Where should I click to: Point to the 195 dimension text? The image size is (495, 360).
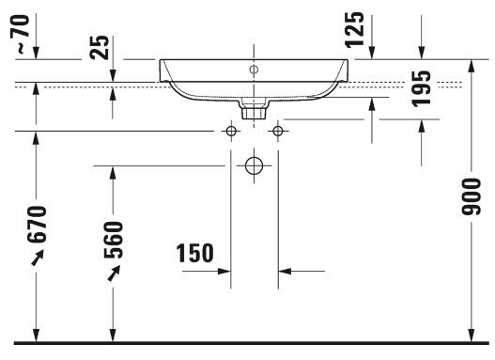[x=421, y=87]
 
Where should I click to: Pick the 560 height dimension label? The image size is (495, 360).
[x=112, y=242]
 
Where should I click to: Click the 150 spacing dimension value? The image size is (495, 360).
[x=194, y=253]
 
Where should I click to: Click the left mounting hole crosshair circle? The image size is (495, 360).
[x=231, y=131]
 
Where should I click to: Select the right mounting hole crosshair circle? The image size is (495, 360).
[x=277, y=131]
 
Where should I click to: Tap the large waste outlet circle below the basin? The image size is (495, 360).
[x=254, y=166]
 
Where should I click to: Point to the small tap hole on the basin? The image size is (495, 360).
[x=254, y=70]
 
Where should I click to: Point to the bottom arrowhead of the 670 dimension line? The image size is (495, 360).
[x=37, y=334]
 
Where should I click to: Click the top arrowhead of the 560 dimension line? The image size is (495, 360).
[x=113, y=170]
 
